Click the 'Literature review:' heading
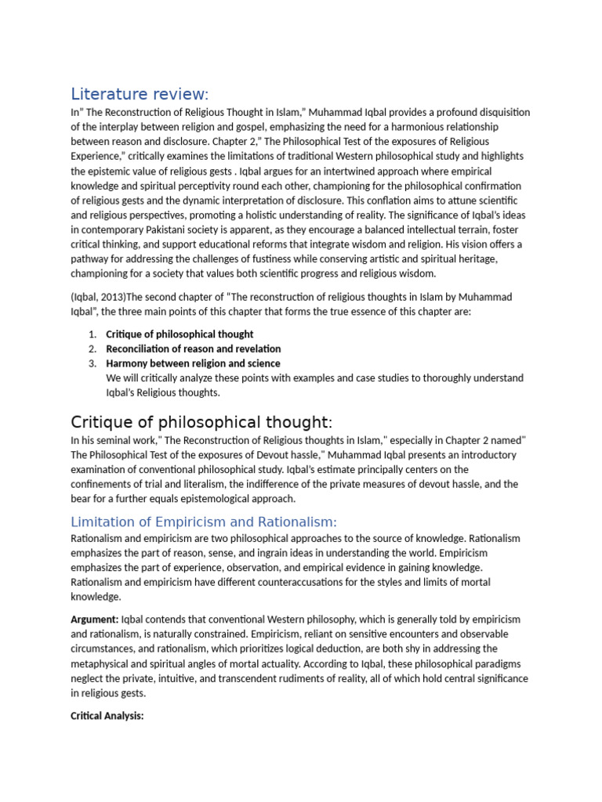click(x=140, y=95)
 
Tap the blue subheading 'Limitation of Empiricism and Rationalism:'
click(x=204, y=522)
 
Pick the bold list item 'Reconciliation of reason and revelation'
click(x=193, y=349)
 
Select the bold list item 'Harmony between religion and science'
click(x=193, y=363)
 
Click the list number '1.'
click(x=92, y=334)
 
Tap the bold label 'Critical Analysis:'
click(x=107, y=716)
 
